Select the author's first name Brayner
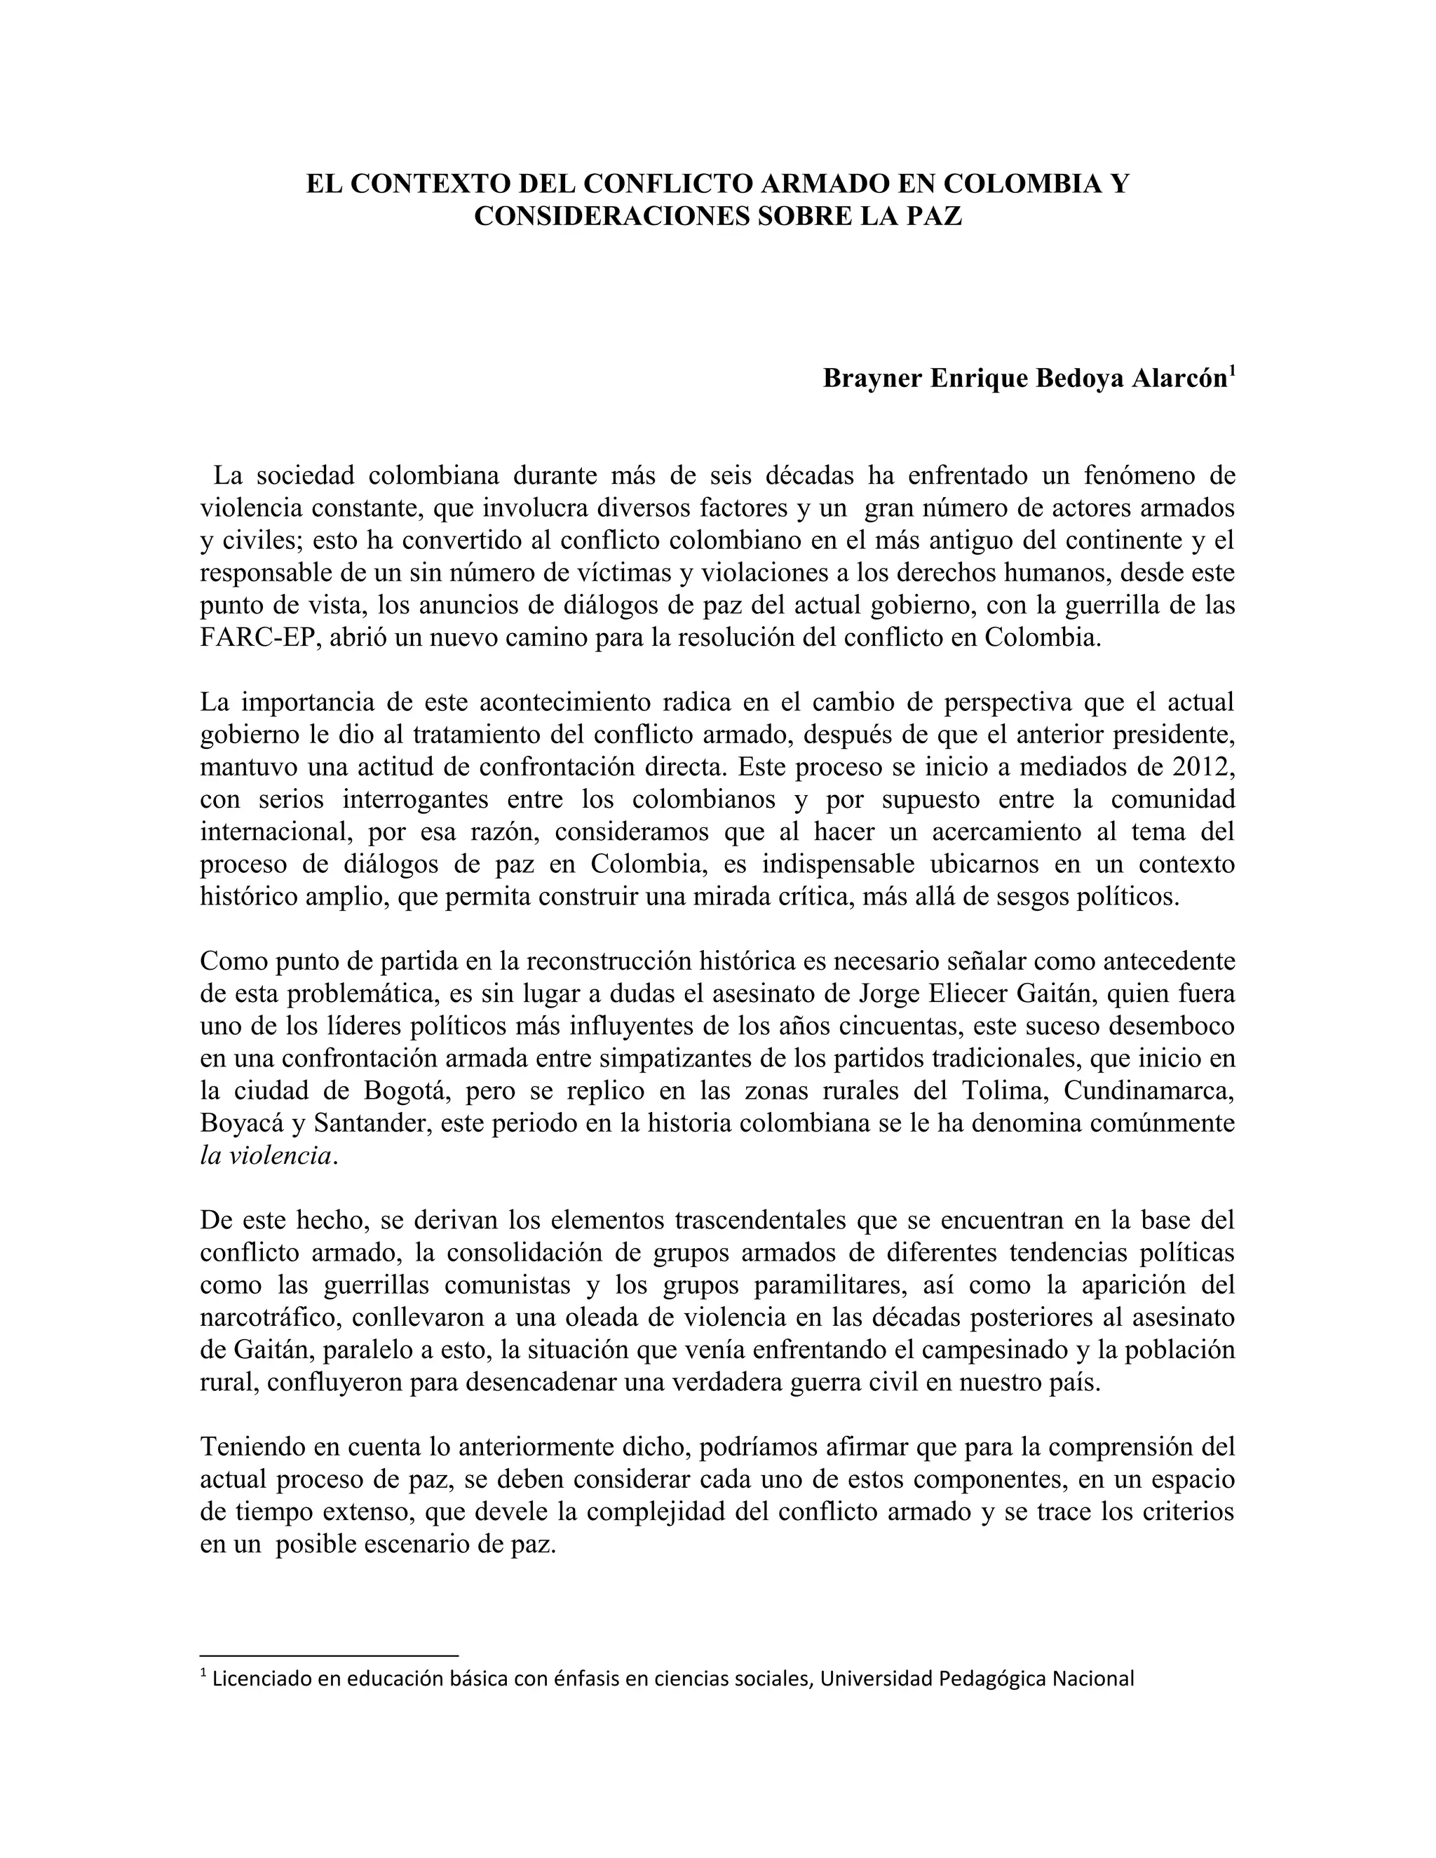point(871,379)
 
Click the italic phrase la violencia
point(266,1156)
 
